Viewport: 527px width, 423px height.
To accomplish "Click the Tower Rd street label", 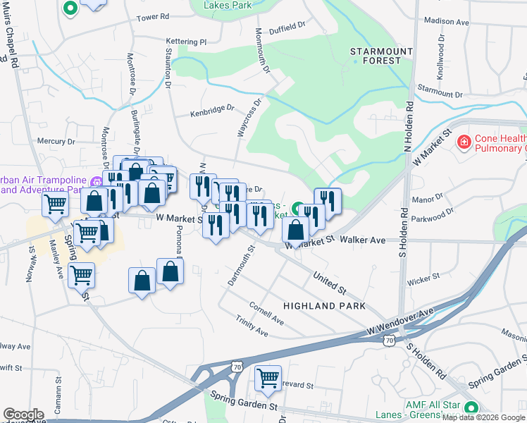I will [x=154, y=17].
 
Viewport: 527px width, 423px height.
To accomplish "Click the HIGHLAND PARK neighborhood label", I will [x=324, y=306].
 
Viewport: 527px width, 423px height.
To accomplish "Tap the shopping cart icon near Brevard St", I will [x=268, y=379].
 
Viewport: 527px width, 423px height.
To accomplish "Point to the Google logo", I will [x=23, y=414].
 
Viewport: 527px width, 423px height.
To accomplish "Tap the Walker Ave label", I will [x=362, y=240].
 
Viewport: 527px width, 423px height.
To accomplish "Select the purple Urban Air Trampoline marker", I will [x=96, y=183].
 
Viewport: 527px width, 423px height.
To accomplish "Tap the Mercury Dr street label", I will [x=56, y=141].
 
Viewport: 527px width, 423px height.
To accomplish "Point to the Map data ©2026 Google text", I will [x=484, y=418].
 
